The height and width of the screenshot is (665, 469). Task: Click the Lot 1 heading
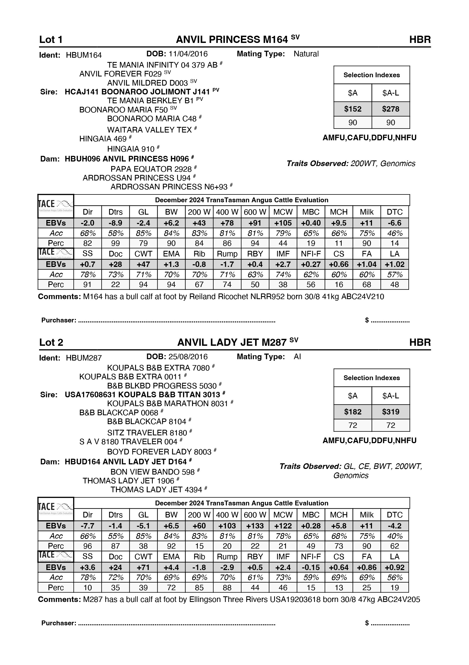tap(51, 40)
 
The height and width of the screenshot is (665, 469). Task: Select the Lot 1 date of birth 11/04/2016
tap(188, 54)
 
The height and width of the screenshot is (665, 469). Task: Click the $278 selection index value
tap(390, 109)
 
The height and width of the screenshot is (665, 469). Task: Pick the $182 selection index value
tap(353, 412)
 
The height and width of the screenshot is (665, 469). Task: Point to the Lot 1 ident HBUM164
tap(84, 55)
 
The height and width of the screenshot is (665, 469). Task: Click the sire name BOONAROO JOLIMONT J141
tap(137, 92)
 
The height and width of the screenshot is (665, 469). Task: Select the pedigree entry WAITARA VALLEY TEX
tap(149, 130)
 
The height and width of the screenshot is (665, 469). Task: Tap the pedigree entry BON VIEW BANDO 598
tap(152, 472)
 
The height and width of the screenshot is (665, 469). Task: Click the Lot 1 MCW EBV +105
tap(283, 223)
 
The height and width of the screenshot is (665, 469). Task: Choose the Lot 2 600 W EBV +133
tap(255, 526)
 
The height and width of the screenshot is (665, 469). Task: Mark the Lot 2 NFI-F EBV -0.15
tap(311, 567)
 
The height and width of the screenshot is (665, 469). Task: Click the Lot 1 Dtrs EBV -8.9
tap(116, 223)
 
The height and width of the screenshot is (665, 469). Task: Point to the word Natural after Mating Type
tap(306, 54)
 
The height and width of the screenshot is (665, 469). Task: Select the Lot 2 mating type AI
tap(297, 357)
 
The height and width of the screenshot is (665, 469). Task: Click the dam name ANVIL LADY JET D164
tap(126, 462)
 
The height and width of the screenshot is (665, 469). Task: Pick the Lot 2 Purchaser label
tap(59, 623)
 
